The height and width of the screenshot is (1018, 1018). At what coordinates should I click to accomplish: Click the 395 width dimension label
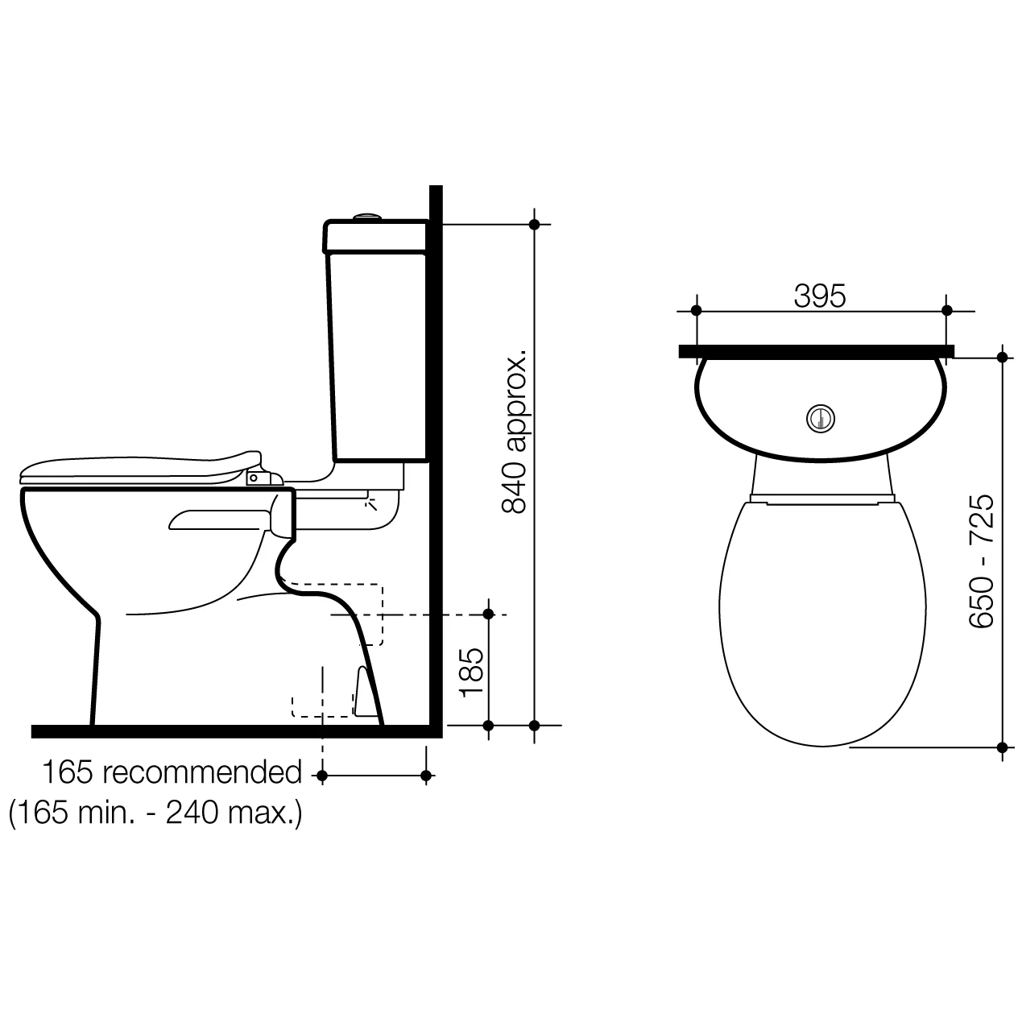point(819,296)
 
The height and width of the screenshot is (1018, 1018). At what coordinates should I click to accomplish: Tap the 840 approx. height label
point(514,431)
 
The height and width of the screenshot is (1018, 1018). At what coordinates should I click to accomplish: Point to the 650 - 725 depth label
point(981,561)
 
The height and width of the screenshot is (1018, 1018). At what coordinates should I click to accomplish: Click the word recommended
point(202,772)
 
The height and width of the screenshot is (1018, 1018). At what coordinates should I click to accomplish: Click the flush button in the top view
point(821,419)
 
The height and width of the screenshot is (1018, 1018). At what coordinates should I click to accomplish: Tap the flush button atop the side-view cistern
point(368,216)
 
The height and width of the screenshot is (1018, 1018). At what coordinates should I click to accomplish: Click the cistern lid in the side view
point(375,236)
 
